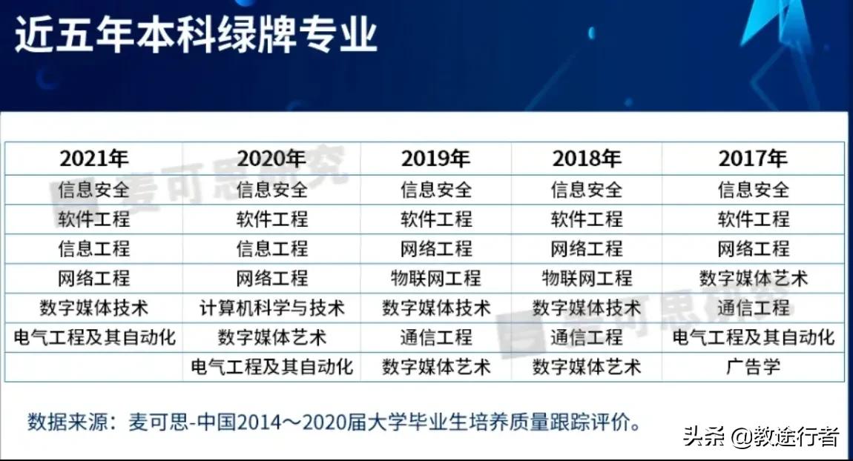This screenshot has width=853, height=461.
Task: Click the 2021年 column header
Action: coord(94,159)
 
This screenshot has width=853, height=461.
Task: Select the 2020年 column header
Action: coord(271,159)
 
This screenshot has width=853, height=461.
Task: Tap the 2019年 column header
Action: coord(436,159)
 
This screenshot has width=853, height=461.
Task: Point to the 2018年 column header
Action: coord(586,159)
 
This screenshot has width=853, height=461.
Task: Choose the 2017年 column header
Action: coord(753,159)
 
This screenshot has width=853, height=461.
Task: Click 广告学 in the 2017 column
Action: coord(753,367)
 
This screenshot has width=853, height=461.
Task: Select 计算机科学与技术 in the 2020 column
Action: coord(271,308)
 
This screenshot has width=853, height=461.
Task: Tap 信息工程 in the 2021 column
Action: coord(94,248)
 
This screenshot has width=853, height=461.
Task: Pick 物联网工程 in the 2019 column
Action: coord(436,278)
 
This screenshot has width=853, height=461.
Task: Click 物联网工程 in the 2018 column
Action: coord(586,278)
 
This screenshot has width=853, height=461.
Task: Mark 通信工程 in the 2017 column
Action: coord(753,308)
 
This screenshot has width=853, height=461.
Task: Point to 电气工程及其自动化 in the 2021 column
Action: coord(94,337)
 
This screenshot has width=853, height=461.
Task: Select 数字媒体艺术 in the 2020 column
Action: coord(271,337)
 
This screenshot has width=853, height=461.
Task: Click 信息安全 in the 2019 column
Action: coord(436,189)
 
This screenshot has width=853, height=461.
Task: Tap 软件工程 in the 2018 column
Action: coord(586,219)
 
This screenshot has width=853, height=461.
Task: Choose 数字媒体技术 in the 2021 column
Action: coord(94,308)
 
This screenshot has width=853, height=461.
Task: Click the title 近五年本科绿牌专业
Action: coord(196,35)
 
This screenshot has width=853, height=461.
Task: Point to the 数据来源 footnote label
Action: coord(62,423)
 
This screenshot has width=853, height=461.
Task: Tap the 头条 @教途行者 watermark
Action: coord(760,437)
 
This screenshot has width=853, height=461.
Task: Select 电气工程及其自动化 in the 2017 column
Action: coord(753,337)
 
